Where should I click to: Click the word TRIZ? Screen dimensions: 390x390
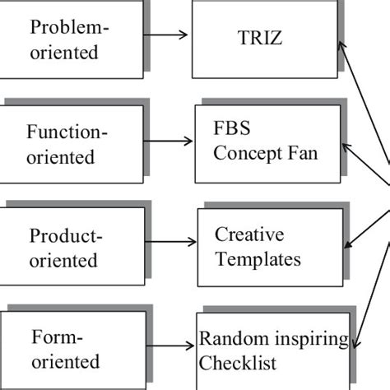[265, 37]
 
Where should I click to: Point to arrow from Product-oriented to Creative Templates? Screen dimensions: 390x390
[170, 243]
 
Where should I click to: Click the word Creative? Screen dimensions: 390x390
[244, 234]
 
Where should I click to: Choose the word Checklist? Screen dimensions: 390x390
[239, 363]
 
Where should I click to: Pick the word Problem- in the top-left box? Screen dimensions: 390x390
[70, 27]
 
